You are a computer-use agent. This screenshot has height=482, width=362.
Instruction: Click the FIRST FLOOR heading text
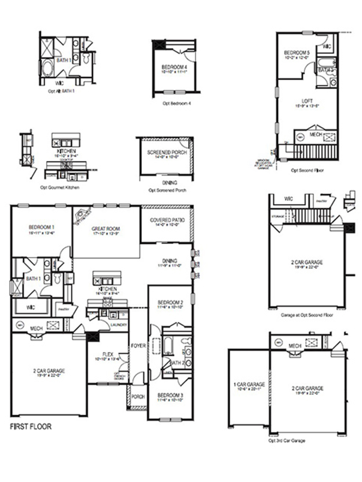[x=31, y=426]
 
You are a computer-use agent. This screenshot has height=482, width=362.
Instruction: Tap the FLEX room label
[x=107, y=354]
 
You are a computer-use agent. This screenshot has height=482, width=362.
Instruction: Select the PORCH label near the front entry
[x=138, y=396]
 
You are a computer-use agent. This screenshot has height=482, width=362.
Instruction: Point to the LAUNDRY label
[x=120, y=325]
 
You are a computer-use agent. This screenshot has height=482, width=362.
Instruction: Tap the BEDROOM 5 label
[x=297, y=53]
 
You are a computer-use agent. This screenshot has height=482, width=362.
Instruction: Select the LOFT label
[x=307, y=101]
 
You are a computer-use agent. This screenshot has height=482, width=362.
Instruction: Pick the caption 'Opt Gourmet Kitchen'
[x=60, y=188]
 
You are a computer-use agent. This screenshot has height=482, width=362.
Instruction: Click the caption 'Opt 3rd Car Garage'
[x=286, y=441]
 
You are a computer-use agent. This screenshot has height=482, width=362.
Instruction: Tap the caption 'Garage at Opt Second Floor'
[x=306, y=315]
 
